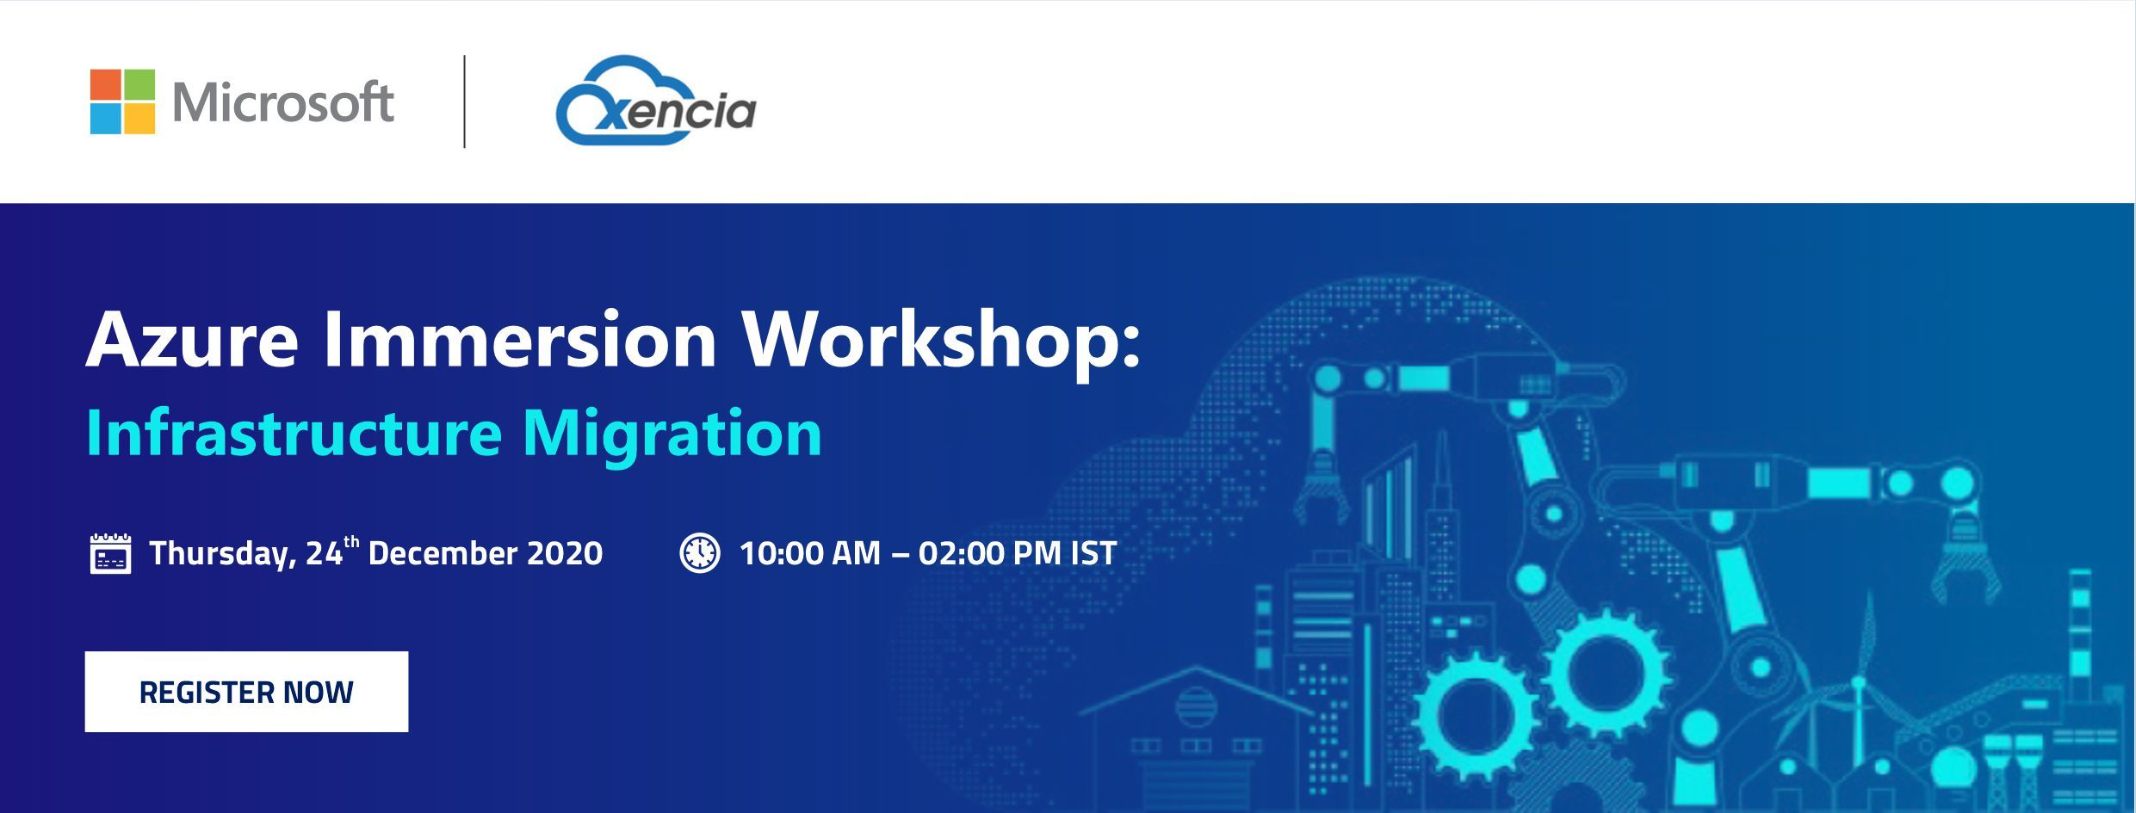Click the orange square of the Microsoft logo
click(106, 85)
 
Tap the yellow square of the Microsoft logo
click(139, 119)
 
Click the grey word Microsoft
click(283, 102)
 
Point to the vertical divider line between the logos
click(465, 102)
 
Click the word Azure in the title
click(192, 341)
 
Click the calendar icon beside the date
click(111, 553)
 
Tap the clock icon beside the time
click(700, 553)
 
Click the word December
click(442, 552)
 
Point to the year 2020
click(565, 552)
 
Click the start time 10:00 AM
click(810, 552)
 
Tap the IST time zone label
click(1093, 552)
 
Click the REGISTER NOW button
click(246, 692)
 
